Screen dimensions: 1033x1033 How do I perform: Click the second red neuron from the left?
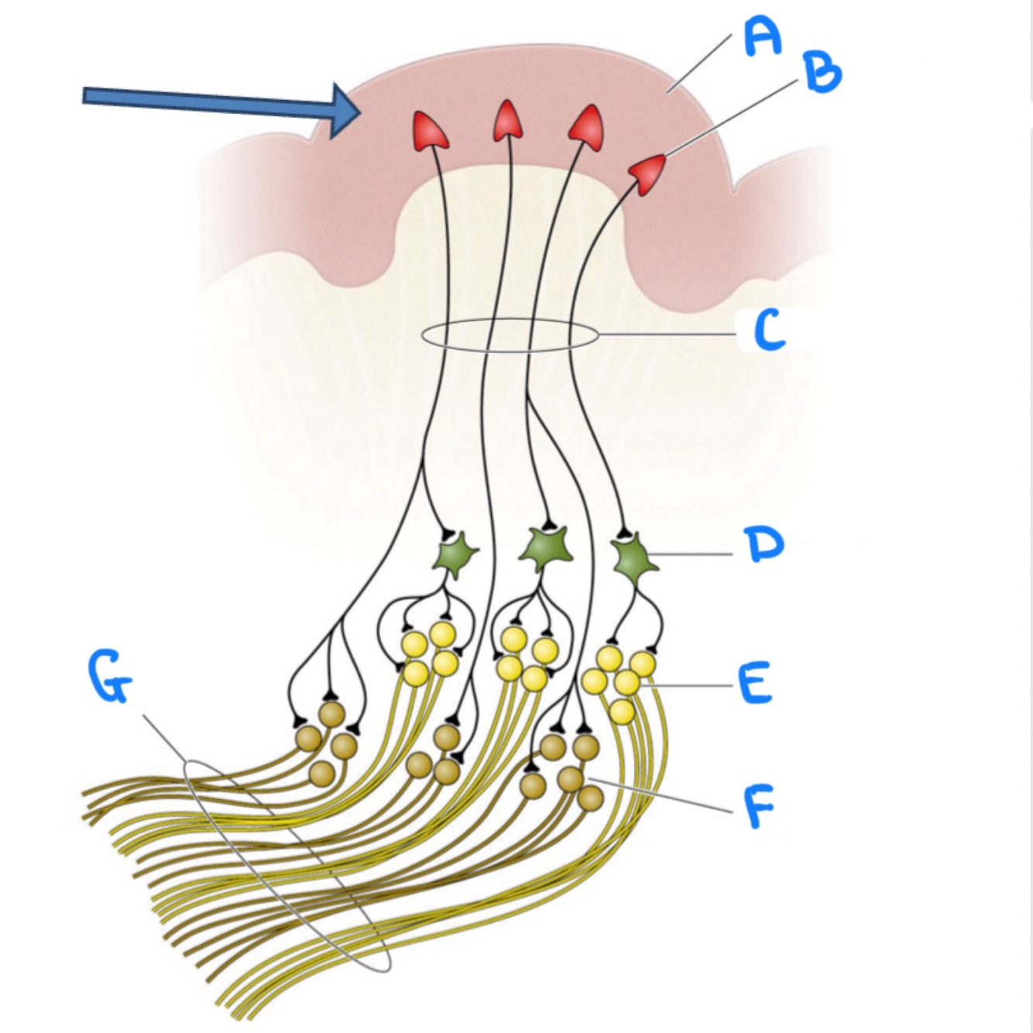(507, 122)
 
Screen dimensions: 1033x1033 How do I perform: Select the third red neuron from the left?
(588, 125)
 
